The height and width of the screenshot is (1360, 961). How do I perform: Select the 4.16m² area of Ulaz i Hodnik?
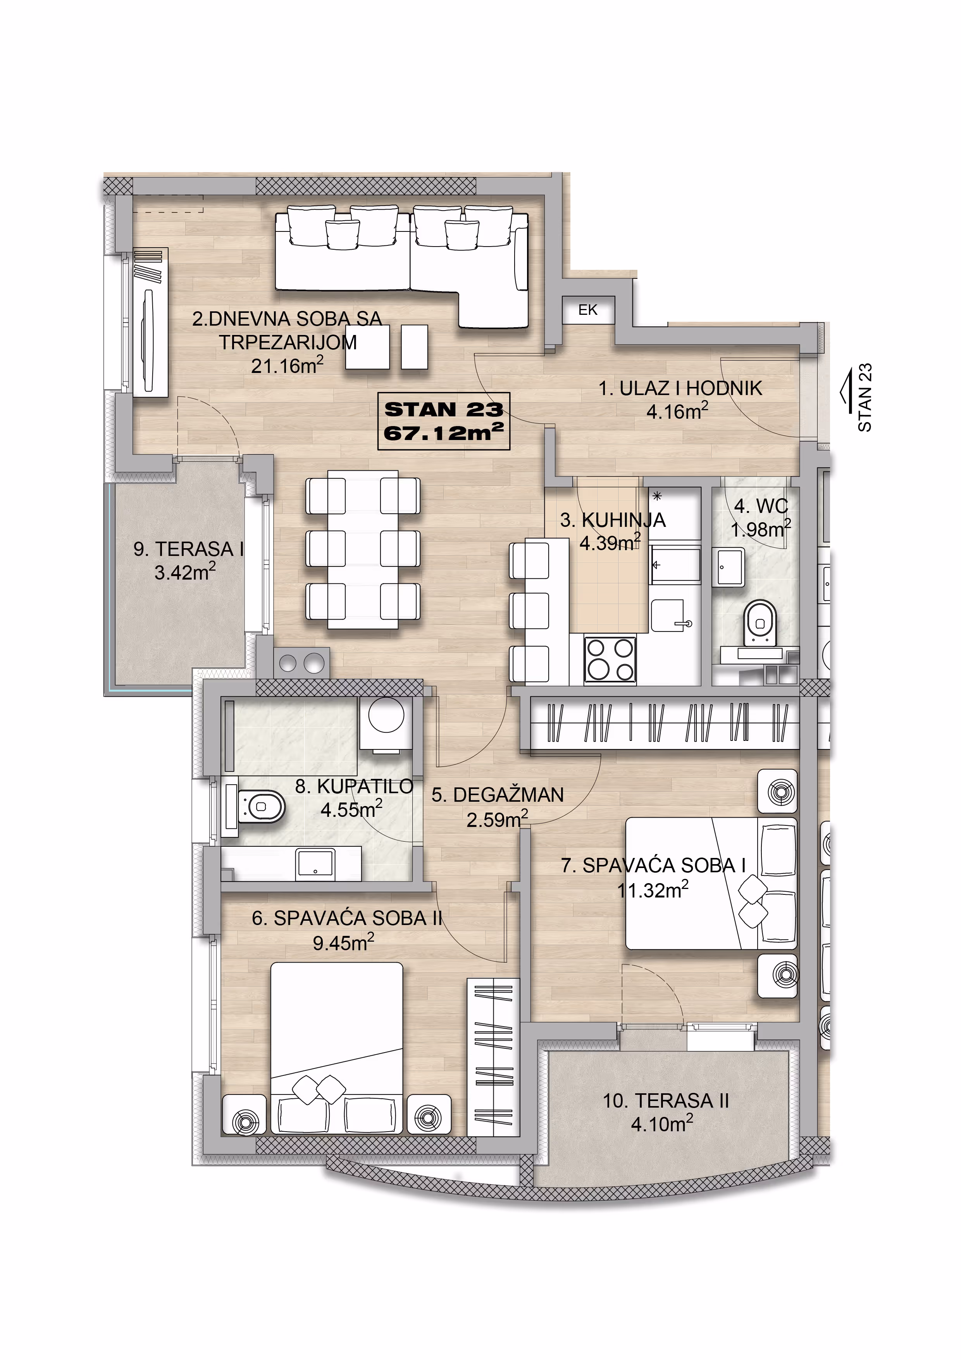[677, 411]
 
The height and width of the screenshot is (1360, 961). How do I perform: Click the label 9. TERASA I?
[189, 549]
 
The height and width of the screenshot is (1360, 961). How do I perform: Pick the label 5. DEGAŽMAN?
[498, 795]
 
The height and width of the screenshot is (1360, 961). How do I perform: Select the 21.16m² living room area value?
[287, 366]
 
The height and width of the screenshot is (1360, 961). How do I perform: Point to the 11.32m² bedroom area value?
[653, 889]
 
